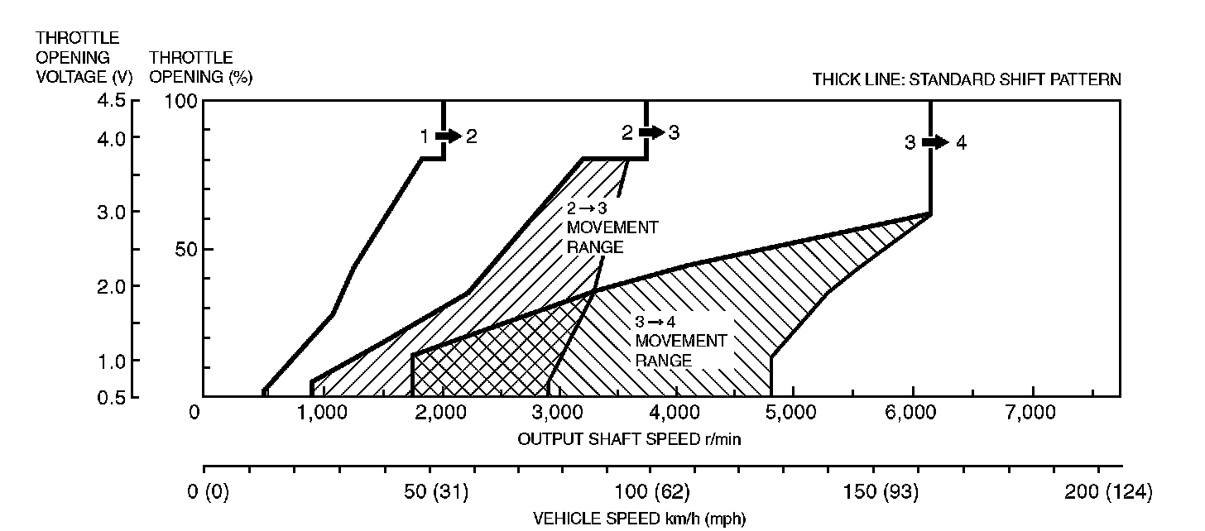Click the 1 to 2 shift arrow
pyautogui.click(x=448, y=136)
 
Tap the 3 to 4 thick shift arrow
pyautogui.click(x=935, y=142)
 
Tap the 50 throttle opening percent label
pyautogui.click(x=185, y=249)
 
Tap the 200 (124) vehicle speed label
pyautogui.click(x=1108, y=493)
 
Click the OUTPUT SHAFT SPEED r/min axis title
pyautogui.click(x=628, y=438)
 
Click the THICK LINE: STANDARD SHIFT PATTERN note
pyautogui.click(x=967, y=80)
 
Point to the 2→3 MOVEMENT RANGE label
pyautogui.click(x=612, y=227)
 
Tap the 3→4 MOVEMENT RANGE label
pyautogui.click(x=680, y=341)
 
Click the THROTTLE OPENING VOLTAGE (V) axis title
pyautogui.click(x=78, y=57)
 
